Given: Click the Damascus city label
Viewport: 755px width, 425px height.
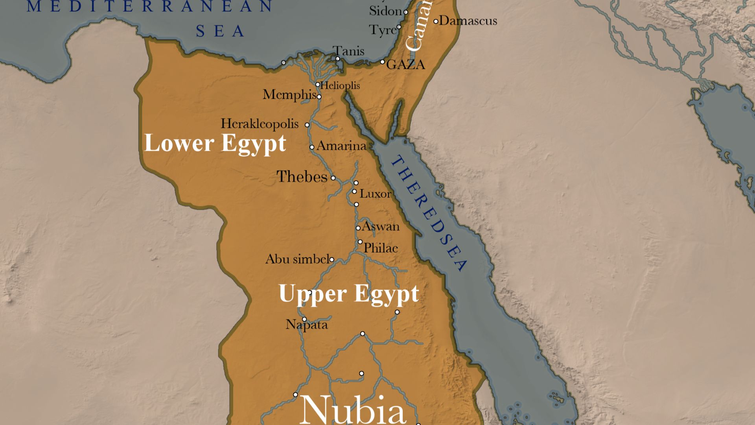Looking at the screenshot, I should tap(468, 20).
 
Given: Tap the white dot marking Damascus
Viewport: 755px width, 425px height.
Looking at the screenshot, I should tap(436, 21).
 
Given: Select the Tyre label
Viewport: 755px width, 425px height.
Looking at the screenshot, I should tap(383, 30).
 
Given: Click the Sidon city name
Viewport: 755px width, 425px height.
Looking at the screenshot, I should tap(385, 11).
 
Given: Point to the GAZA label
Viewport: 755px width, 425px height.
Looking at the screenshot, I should tap(405, 65).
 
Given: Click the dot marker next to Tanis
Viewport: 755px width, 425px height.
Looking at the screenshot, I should tap(337, 59).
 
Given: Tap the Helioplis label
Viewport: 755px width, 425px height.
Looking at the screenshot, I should tap(340, 85).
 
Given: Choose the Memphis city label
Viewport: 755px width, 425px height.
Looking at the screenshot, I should tap(289, 95).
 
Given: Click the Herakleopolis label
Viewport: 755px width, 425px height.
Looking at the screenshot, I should tap(260, 124).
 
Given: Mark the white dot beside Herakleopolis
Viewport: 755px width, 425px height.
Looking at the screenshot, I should tap(307, 125).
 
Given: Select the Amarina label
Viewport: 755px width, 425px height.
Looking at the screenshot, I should tap(341, 146).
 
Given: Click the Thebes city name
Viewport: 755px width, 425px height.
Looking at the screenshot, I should tap(302, 177).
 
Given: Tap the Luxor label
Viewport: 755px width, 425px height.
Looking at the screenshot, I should tap(375, 194).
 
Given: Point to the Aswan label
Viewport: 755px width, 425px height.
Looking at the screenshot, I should tap(380, 226).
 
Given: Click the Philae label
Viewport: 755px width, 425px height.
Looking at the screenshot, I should tap(380, 248).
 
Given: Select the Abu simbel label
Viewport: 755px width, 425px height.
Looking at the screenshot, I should tap(297, 259).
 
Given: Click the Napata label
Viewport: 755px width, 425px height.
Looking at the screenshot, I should tap(306, 325).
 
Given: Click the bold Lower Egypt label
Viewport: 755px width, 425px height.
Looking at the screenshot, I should tap(215, 143).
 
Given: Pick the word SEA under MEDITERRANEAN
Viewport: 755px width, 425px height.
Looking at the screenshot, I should tap(220, 31).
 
